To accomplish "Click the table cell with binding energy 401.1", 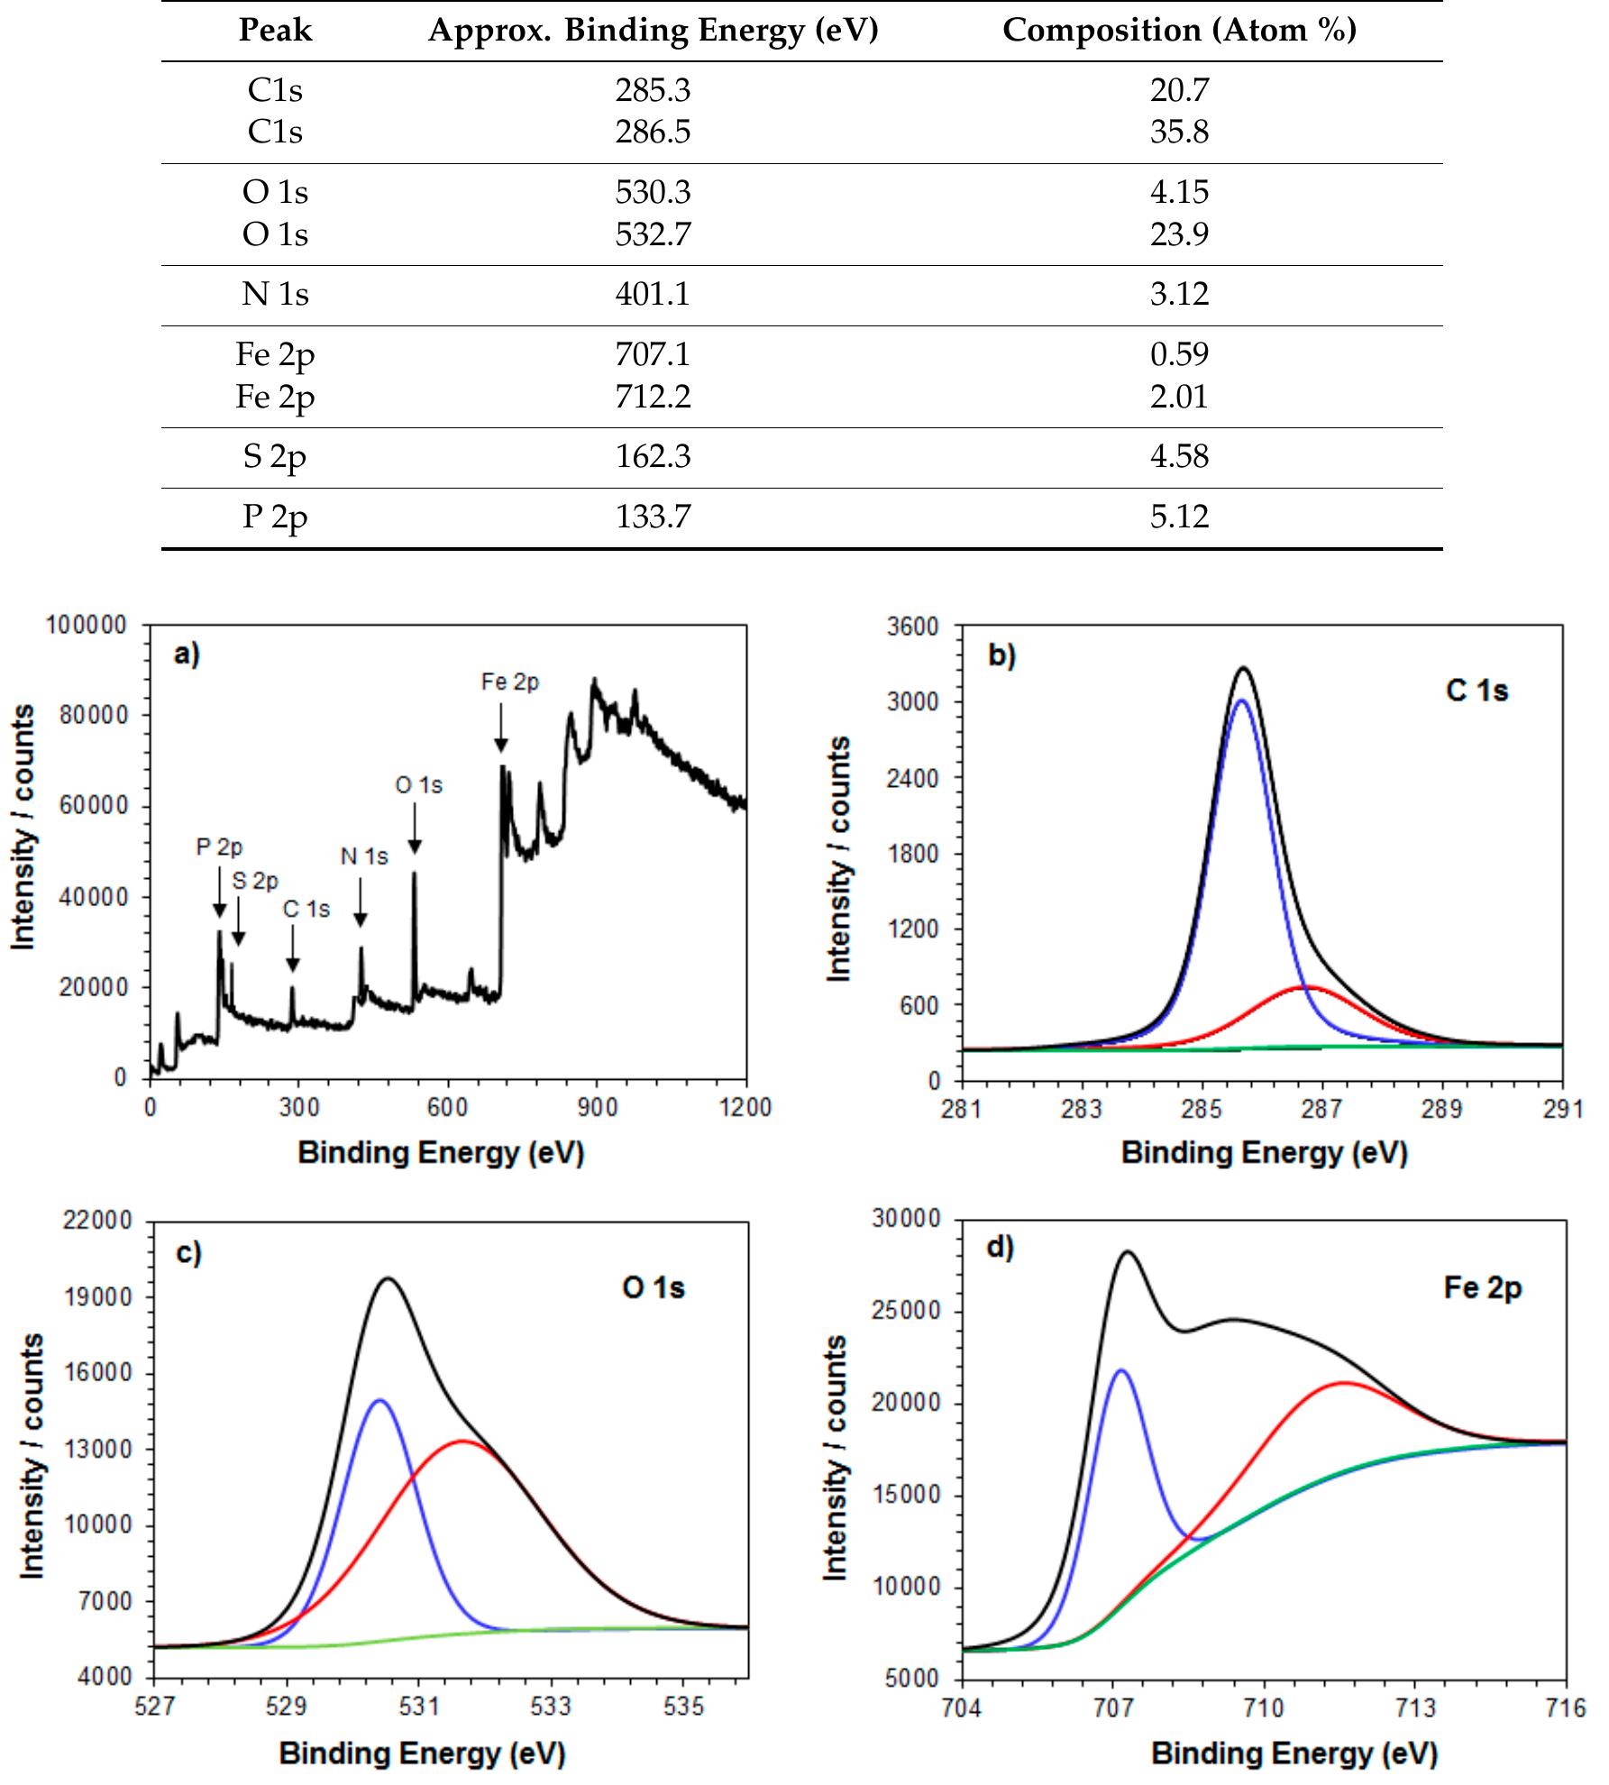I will pyautogui.click(x=653, y=294).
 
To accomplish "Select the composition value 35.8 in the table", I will pyautogui.click(x=1179, y=132).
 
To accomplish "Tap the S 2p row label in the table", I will pyautogui.click(x=274, y=456).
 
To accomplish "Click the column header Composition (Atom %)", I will pyautogui.click(x=1179, y=30).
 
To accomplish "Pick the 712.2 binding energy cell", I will pyautogui.click(x=653, y=396).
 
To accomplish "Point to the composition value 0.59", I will pyautogui.click(x=1179, y=353).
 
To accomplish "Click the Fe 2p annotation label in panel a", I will pyautogui.click(x=510, y=682).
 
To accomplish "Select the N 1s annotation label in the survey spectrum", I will pyautogui.click(x=364, y=856).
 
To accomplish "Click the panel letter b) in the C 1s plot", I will pyautogui.click(x=1001, y=655).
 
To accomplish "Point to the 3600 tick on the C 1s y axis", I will pyautogui.click(x=919, y=627).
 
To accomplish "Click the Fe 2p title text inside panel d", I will pyautogui.click(x=1482, y=1287).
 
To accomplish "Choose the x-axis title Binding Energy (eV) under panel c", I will pyautogui.click(x=422, y=1753).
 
